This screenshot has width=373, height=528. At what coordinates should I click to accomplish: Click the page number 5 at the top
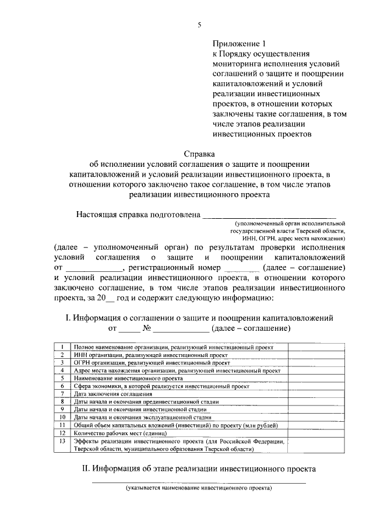tap(199, 25)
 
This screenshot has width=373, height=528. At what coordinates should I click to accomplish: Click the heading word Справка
tap(199, 155)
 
